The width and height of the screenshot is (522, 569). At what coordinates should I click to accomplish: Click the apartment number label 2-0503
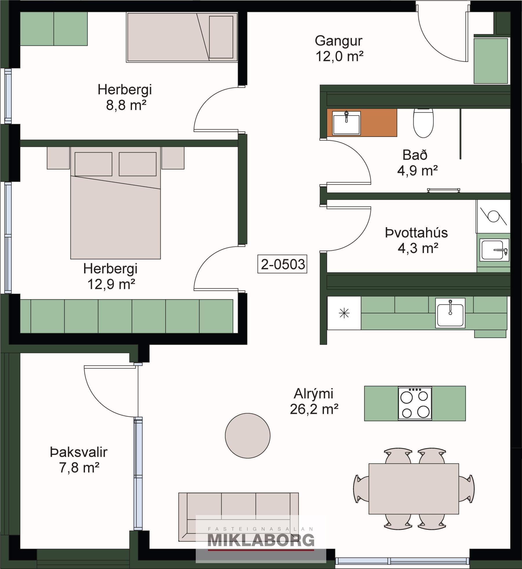282,264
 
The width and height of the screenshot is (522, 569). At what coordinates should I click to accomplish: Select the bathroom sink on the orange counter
346,123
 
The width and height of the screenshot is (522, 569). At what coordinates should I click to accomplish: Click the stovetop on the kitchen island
415,404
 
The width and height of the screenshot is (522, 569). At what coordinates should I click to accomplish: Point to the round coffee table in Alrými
248,436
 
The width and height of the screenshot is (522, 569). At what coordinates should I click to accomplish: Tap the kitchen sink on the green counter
450,313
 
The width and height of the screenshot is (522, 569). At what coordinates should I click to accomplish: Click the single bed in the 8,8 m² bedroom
182,37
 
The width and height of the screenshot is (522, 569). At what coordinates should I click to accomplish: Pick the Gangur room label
339,41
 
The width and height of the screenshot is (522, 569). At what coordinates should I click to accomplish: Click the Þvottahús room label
416,233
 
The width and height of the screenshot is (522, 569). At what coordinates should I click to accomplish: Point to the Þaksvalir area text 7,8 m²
79,467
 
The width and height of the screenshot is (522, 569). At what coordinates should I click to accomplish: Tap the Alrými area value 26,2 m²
314,409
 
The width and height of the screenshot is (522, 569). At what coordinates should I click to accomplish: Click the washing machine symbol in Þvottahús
493,216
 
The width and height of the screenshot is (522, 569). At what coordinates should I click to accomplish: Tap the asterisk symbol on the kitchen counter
344,313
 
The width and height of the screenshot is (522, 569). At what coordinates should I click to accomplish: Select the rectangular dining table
414,489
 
